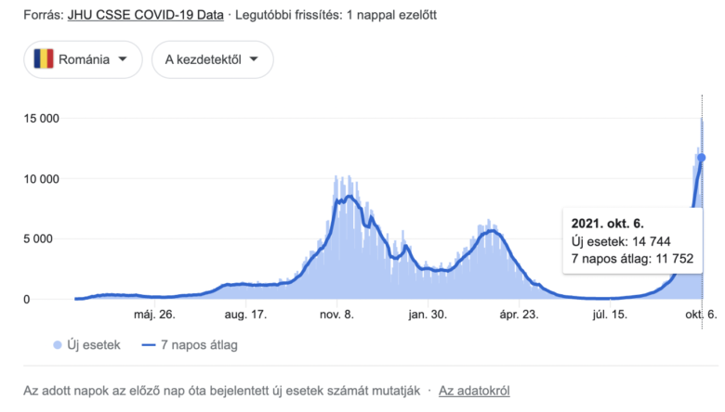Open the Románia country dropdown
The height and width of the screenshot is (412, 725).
coord(83,59)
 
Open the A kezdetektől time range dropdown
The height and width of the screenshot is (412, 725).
coord(212,59)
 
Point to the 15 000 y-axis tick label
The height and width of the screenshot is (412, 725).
coord(40,119)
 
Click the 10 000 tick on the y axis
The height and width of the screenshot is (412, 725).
coord(40,179)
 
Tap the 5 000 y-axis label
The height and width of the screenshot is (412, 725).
coord(43,238)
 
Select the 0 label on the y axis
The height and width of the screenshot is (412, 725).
coord(55,299)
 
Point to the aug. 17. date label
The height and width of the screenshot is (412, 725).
coord(245,315)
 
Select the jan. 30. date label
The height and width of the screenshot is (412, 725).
coord(427,315)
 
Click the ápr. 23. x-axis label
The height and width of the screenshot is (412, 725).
coord(517,315)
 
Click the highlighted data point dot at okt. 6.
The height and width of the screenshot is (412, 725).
coord(701,158)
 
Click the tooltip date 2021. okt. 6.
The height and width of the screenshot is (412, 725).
coord(608,224)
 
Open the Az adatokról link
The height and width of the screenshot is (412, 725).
coord(474,391)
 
